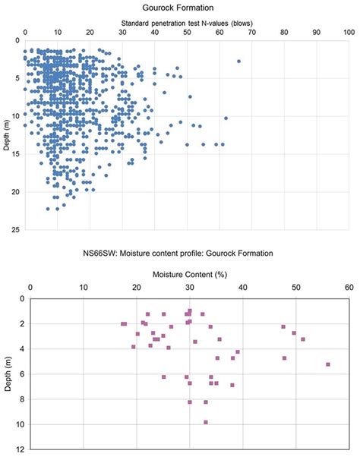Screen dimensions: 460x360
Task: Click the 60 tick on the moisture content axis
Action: pos(349,288)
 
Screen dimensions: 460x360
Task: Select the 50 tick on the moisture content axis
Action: pos(295,288)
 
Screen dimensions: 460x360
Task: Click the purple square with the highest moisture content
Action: pos(328,364)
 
